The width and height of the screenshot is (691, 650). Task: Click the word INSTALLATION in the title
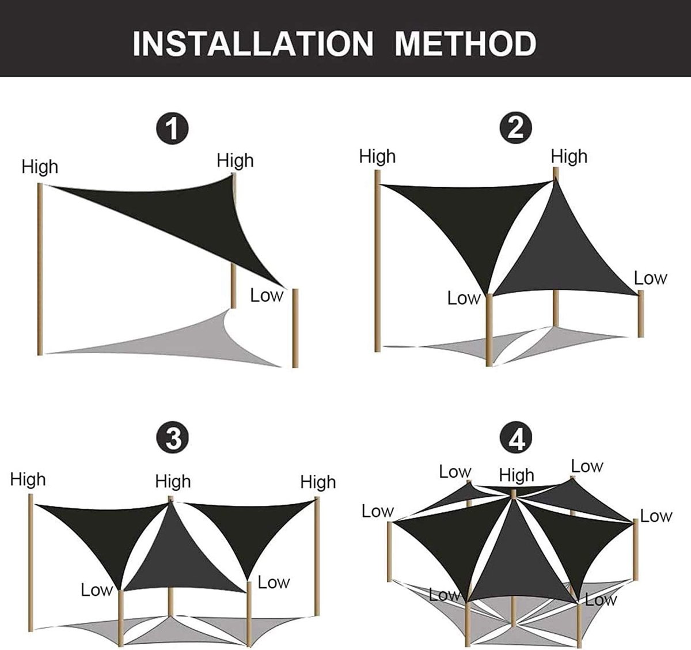pos(253,44)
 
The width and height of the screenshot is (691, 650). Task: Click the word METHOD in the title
pos(465,44)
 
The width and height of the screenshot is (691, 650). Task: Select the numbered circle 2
pos(515,127)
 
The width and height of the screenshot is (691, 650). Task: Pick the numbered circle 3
pos(172,438)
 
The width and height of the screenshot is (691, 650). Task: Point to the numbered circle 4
pos(515,437)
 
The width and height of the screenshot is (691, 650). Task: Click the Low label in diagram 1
pos(267,296)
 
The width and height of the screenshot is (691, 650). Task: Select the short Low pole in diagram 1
pos(295,328)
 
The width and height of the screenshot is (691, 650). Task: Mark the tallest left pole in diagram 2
pos(378,261)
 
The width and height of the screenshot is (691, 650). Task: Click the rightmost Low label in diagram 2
pos(650,278)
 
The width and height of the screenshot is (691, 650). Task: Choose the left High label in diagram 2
pos(378,156)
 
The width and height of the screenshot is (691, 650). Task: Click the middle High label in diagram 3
pos(173,482)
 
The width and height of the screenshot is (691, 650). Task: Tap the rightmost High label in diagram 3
pos(318,482)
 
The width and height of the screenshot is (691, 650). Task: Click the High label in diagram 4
pos(517,475)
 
